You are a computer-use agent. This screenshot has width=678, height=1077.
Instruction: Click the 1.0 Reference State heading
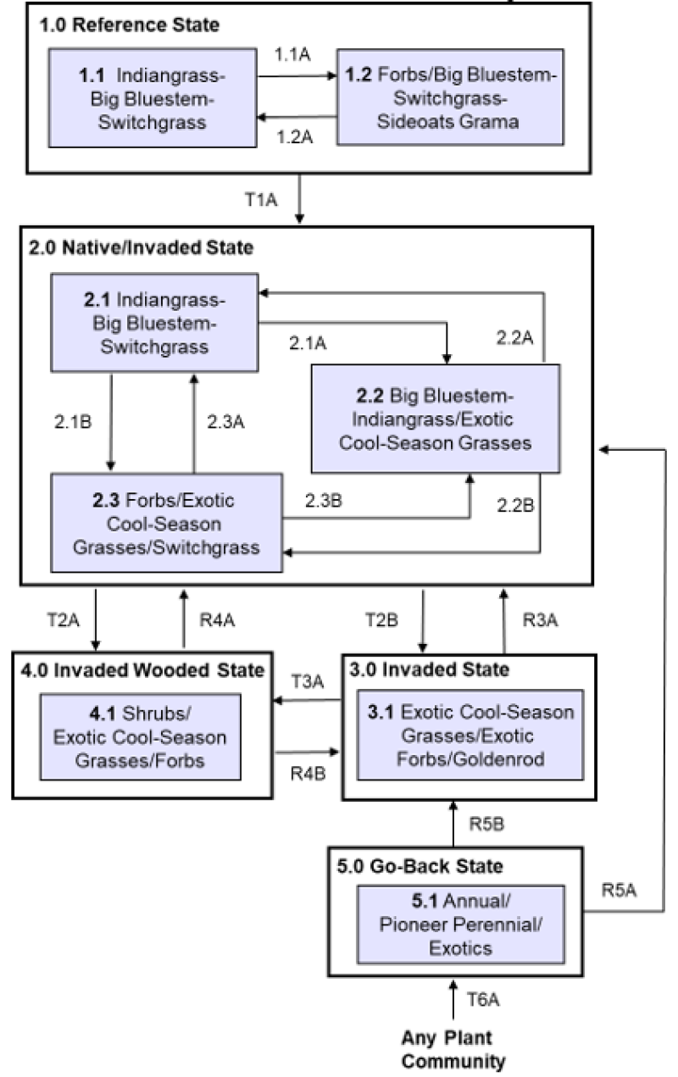click(x=129, y=25)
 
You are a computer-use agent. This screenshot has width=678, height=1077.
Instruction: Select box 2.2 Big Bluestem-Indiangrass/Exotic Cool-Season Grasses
click(x=435, y=419)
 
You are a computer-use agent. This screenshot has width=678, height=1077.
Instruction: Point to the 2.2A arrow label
click(x=516, y=336)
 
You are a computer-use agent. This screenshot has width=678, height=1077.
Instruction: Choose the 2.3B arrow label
click(x=325, y=501)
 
